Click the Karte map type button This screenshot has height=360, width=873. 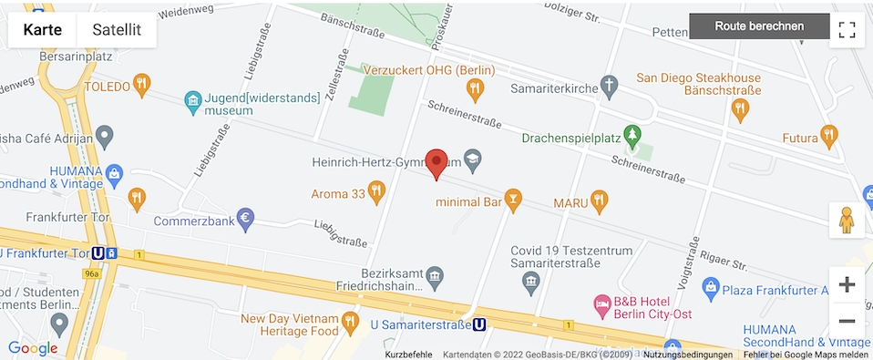coord(43,29)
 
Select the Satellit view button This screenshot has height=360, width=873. coord(117,29)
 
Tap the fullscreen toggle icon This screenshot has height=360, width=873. coord(847,29)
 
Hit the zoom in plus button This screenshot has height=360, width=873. coord(847,284)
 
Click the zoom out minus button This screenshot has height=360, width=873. coord(847,321)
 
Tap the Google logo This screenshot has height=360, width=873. coord(33,348)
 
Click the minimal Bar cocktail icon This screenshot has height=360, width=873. coord(514,200)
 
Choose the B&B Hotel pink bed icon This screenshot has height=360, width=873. coord(601,302)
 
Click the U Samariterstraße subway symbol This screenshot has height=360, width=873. coord(478,324)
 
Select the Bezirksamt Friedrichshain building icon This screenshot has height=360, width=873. coord(435,275)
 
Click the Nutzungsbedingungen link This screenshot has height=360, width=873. coord(687,355)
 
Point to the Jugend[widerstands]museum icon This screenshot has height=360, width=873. coord(192,98)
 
